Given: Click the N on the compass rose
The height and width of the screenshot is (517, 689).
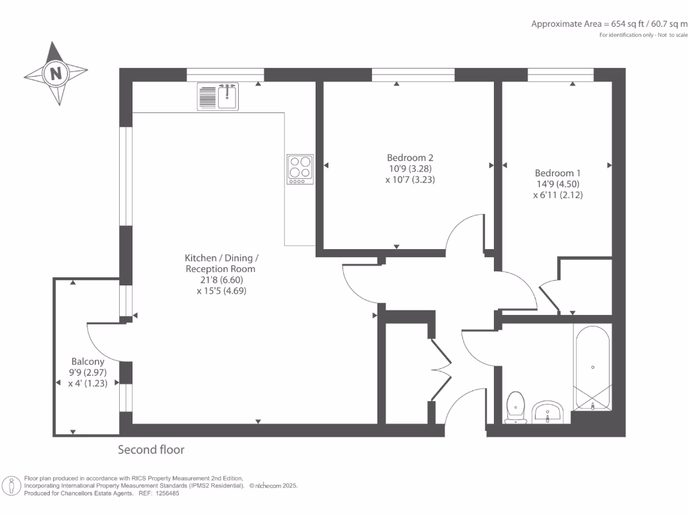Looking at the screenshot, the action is [x=56, y=73].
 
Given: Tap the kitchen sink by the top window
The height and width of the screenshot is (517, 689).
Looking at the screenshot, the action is [x=218, y=97].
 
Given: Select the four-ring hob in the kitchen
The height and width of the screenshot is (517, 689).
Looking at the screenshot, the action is [x=300, y=169].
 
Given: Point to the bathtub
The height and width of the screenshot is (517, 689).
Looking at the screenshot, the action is [x=592, y=368].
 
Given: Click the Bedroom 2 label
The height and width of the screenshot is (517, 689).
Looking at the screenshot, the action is [x=410, y=158].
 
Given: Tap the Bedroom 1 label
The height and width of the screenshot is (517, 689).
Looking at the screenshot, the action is [x=558, y=173].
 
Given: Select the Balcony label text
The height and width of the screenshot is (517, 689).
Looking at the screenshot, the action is [x=88, y=361].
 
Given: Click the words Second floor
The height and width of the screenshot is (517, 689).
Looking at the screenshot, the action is [x=151, y=450].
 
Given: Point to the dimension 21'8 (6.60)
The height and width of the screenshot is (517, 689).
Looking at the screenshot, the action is [x=221, y=279].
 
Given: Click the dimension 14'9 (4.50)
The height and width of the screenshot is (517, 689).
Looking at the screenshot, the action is [x=558, y=184].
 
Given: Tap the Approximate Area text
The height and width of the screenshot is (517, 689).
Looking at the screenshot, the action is [x=610, y=24].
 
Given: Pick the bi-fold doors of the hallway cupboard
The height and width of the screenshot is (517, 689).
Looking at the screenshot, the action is [x=441, y=370].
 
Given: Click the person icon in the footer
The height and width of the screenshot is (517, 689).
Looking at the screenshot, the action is [x=11, y=486].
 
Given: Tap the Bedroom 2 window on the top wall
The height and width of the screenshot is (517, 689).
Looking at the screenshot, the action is [x=413, y=75].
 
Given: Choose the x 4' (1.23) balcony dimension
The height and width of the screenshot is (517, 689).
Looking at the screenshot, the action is [x=88, y=383].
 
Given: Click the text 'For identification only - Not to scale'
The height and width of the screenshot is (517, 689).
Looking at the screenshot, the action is [x=643, y=35].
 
